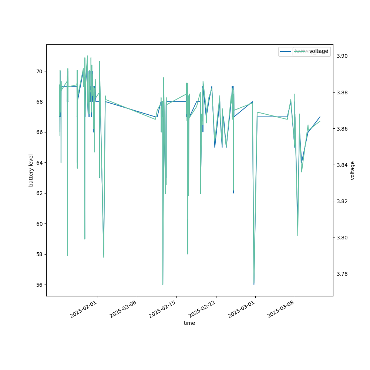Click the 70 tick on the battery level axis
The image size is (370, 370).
click(x=38, y=71)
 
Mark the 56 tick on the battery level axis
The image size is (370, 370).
click(x=38, y=285)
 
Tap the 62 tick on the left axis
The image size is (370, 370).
click(x=38, y=193)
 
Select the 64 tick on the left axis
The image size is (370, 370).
click(x=38, y=163)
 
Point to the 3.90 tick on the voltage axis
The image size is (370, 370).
click(x=342, y=56)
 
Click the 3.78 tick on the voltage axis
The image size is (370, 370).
click(x=342, y=274)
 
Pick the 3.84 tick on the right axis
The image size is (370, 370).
click(x=342, y=165)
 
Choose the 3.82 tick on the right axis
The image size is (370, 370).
click(x=342, y=201)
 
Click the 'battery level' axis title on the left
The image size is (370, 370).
click(x=31, y=170)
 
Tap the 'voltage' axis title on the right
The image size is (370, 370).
click(x=353, y=170)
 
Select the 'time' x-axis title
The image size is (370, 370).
click(x=189, y=323)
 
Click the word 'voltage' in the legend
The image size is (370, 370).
click(x=319, y=51)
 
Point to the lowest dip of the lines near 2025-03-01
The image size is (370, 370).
click(x=254, y=284)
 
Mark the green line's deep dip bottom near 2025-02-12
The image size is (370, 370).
click(x=163, y=284)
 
